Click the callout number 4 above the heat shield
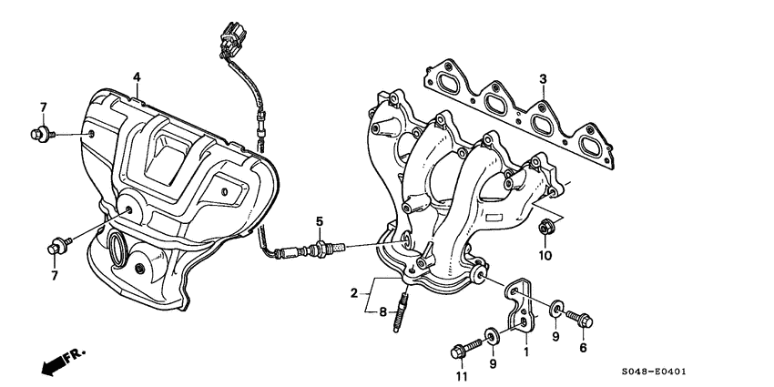click(x=136, y=76)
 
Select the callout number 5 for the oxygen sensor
click(x=320, y=221)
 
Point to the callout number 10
click(x=545, y=256)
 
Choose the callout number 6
click(x=584, y=347)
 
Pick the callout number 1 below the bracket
click(x=525, y=351)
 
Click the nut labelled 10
click(x=545, y=228)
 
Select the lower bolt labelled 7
click(x=54, y=245)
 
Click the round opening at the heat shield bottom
click(x=118, y=246)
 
